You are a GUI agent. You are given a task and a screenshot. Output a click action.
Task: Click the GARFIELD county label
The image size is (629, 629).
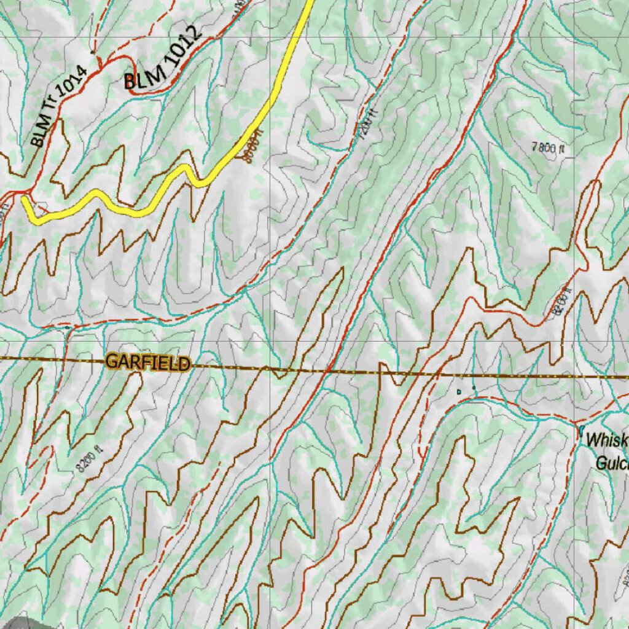(147, 362)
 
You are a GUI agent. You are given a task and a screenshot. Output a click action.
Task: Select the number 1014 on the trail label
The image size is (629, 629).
(74, 80)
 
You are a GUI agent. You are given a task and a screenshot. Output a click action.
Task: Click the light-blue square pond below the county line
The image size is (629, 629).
(459, 391)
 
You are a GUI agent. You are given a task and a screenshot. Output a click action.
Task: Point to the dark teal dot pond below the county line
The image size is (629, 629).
(474, 387)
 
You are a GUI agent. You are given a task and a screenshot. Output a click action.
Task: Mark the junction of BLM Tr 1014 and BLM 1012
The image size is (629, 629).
(98, 61)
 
